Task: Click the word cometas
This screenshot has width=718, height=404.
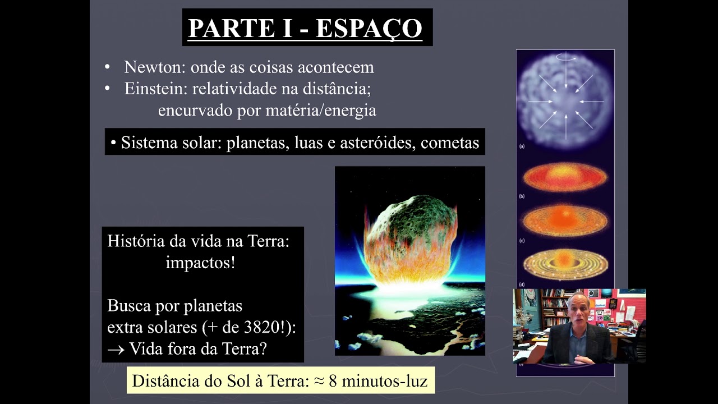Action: [x=450, y=143]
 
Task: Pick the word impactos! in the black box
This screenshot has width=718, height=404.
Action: [x=200, y=263]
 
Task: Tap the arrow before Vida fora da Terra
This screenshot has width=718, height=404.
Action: [x=116, y=349]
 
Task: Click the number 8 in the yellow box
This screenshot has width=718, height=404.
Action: [x=333, y=382]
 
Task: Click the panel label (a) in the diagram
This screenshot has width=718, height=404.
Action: [x=522, y=146]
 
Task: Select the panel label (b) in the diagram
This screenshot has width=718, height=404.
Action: [x=522, y=196]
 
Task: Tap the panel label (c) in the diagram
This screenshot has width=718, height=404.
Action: [x=522, y=241]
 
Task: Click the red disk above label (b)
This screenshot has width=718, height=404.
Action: [x=565, y=177]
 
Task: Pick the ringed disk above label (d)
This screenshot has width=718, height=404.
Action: [x=565, y=264]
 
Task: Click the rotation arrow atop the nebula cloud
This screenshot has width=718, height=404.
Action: [x=565, y=57]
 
